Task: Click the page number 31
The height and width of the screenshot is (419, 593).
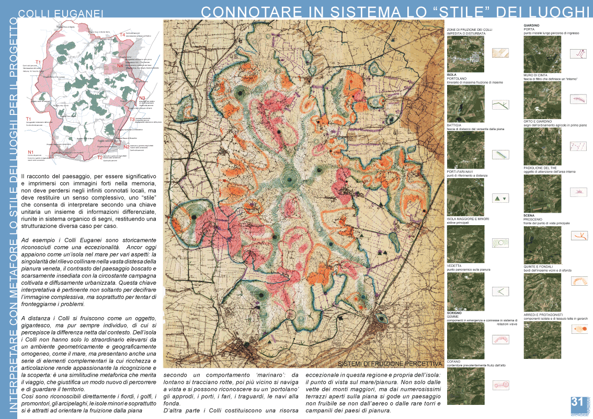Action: (577, 402)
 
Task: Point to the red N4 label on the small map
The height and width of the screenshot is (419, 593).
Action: (120, 66)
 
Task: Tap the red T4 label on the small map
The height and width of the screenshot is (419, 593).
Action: (122, 34)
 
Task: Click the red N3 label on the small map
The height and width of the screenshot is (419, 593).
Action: (142, 98)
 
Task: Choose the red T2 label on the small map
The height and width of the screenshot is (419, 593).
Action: (99, 156)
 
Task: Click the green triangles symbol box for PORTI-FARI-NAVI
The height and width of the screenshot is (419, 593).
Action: (500, 198)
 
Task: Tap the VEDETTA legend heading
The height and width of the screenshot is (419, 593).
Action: (454, 265)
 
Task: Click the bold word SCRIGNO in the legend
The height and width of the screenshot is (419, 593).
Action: (454, 312)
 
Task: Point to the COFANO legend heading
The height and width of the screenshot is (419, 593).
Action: (454, 361)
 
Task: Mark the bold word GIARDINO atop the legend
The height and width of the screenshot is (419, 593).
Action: (532, 25)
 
